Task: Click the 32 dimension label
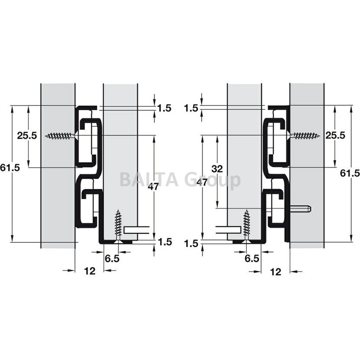pos(217,169)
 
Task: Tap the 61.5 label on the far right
pos(350,173)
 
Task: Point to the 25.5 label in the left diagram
pos(27,135)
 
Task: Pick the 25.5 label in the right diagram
pos(335,135)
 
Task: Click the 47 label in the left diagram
pos(153,187)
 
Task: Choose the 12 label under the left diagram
pos(90,271)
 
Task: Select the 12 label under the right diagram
pos(275,272)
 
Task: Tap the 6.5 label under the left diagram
pos(112,259)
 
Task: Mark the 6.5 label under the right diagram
pos(252,259)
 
